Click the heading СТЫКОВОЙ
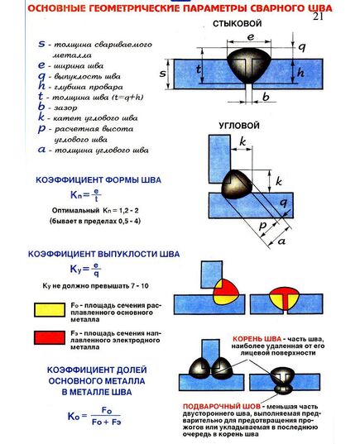click(x=238, y=23)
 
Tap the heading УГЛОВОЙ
click(x=235, y=127)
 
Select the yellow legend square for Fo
click(x=44, y=308)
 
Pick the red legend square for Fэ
click(x=44, y=337)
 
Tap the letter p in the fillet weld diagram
click(x=263, y=225)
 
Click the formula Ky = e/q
click(x=84, y=268)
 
